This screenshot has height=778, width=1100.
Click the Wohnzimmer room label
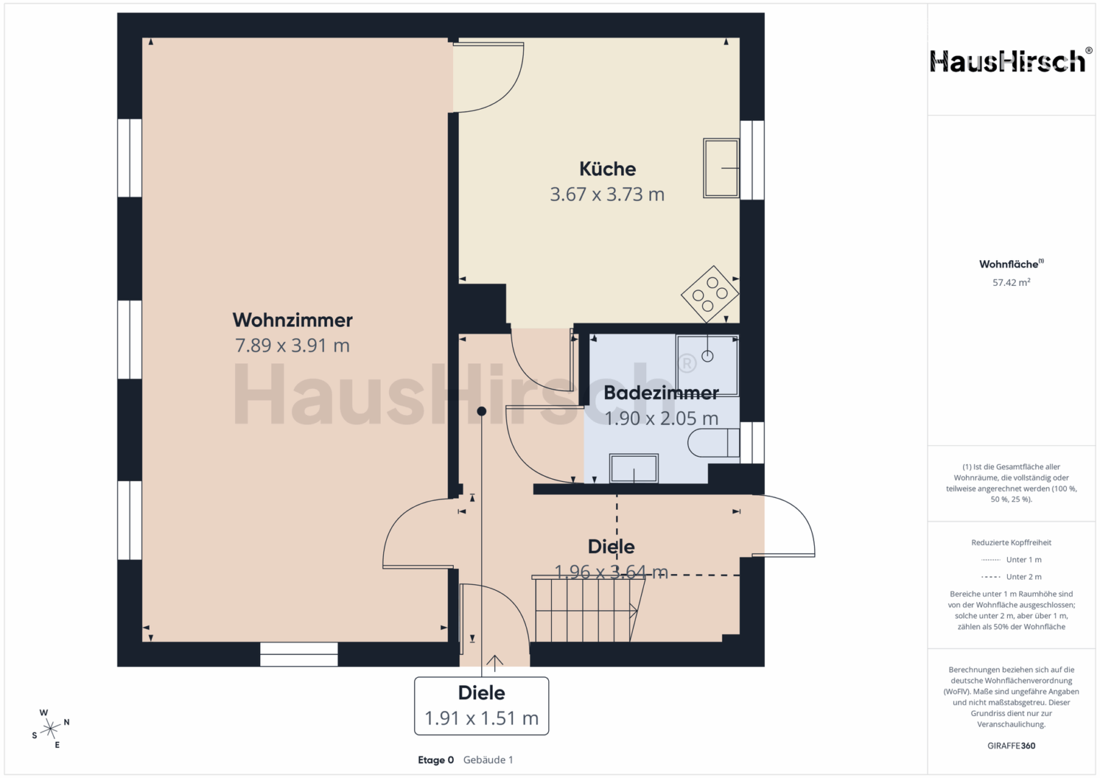coord(292,321)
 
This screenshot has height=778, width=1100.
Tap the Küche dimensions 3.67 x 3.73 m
coord(607,194)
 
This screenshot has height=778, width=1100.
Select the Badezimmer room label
coord(661,393)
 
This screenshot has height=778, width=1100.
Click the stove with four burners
coord(710,294)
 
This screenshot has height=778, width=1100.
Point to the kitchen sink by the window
coord(721,168)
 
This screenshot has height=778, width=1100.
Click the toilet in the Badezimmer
coord(714,442)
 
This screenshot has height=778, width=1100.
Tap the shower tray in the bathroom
coord(707,365)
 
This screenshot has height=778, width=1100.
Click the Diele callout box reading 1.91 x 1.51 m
coord(481,706)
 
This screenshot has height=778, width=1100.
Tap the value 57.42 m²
coord(1011,282)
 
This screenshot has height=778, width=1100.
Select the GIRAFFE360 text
coord(1011,746)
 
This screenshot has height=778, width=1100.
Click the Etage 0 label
coord(436,760)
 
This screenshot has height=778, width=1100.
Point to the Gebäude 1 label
coord(488,760)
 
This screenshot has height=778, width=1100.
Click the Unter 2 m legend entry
coord(1011,576)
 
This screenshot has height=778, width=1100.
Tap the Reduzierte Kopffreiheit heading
coord(1011,542)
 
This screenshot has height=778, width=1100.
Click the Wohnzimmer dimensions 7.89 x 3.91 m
coord(292,346)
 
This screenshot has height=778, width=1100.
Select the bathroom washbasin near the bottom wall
coord(633,468)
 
